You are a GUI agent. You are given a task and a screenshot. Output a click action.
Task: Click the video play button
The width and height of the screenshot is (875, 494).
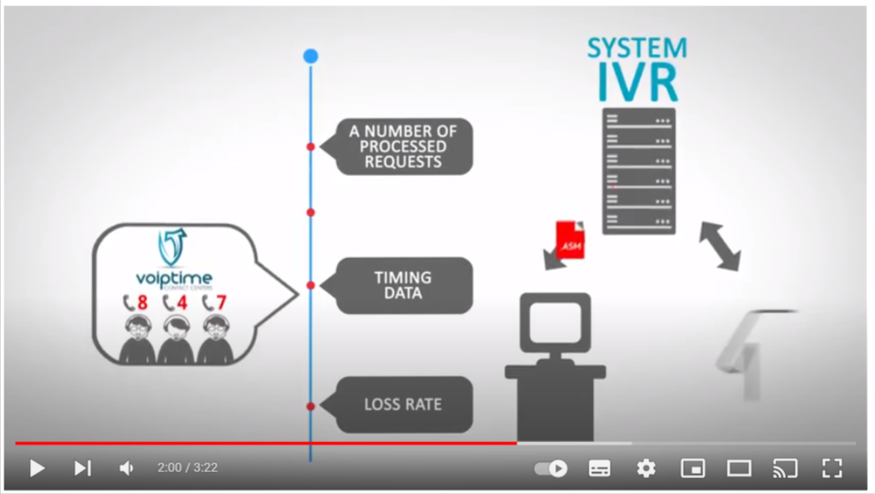pos(37,468)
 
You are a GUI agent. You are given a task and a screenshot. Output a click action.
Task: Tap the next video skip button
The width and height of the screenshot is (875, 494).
pos(82,468)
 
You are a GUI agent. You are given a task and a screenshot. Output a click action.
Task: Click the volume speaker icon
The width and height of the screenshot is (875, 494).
pos(127,468)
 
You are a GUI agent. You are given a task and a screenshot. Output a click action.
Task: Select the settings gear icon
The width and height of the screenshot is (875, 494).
pos(646,468)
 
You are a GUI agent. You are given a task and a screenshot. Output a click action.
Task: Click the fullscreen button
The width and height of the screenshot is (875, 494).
pos(831,468)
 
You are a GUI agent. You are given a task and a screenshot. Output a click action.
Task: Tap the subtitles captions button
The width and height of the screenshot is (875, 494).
pos(599,468)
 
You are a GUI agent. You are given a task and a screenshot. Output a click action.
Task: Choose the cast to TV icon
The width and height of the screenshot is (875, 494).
pos(784,468)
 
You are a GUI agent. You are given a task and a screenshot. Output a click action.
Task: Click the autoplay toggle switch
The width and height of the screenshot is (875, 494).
pos(552,468)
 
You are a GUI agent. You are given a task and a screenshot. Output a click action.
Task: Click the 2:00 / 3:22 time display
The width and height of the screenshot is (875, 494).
pos(187,468)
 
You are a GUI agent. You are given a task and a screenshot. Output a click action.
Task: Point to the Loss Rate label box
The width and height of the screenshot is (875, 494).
pos(403,405)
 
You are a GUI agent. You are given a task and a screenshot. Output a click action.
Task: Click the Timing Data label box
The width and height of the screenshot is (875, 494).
pos(403,285)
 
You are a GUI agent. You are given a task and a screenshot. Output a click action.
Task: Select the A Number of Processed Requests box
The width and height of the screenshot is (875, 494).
pos(403,146)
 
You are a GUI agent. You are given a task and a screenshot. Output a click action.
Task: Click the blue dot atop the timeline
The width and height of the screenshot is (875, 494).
pos(310,56)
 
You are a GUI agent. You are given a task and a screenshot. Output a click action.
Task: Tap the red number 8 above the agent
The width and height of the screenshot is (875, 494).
pos(142,303)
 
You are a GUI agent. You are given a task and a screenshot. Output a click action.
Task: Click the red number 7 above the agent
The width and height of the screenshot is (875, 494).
pos(221,303)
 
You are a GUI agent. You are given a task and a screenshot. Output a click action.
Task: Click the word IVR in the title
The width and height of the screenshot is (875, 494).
pos(638,82)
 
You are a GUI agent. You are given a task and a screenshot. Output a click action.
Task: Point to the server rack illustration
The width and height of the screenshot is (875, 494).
pos(639,171)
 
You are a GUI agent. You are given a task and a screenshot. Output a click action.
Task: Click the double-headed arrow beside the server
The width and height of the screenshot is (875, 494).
pos(720,246)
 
